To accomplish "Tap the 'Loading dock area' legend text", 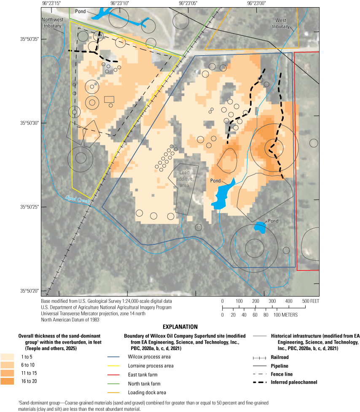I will pos(149,393).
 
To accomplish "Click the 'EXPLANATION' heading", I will pos(180,326).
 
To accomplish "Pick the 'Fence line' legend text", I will pos(286,374).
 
